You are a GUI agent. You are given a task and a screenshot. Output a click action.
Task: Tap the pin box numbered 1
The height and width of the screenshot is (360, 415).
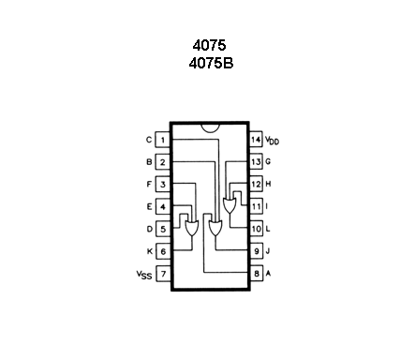[163, 141]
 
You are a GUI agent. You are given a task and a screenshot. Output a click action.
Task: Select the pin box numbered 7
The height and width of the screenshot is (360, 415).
[163, 274]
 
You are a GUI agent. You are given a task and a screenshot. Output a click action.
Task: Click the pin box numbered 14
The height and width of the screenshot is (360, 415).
[255, 141]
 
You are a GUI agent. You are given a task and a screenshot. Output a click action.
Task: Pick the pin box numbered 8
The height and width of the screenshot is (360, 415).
[255, 274]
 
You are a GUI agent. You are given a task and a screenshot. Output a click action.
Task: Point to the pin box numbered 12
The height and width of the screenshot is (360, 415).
[255, 185]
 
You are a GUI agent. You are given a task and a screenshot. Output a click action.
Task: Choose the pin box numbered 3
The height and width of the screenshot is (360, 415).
[163, 185]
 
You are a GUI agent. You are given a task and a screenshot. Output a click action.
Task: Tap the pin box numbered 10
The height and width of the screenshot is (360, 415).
[255, 229]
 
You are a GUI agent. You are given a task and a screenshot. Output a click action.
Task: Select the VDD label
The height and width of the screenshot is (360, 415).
[273, 141]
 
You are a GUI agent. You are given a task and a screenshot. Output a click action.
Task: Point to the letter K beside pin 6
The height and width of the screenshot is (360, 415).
[148, 251]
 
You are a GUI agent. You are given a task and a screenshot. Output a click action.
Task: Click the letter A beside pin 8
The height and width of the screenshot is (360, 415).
[270, 274]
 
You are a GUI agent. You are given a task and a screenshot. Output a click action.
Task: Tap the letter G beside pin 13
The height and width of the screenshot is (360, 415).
[269, 162]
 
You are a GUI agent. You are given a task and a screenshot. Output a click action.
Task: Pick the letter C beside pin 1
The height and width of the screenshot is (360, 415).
[148, 141]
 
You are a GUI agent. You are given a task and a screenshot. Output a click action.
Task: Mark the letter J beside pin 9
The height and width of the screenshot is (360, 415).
[269, 251]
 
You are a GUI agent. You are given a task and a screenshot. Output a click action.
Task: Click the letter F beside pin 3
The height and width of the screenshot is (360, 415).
[148, 185]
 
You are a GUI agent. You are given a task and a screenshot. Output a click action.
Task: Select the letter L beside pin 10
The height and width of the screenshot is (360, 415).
[269, 229]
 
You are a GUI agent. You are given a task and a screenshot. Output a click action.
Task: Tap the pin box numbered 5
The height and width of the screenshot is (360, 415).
[163, 229]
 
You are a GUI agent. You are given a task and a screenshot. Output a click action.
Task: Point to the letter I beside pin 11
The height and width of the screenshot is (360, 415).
[269, 206]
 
